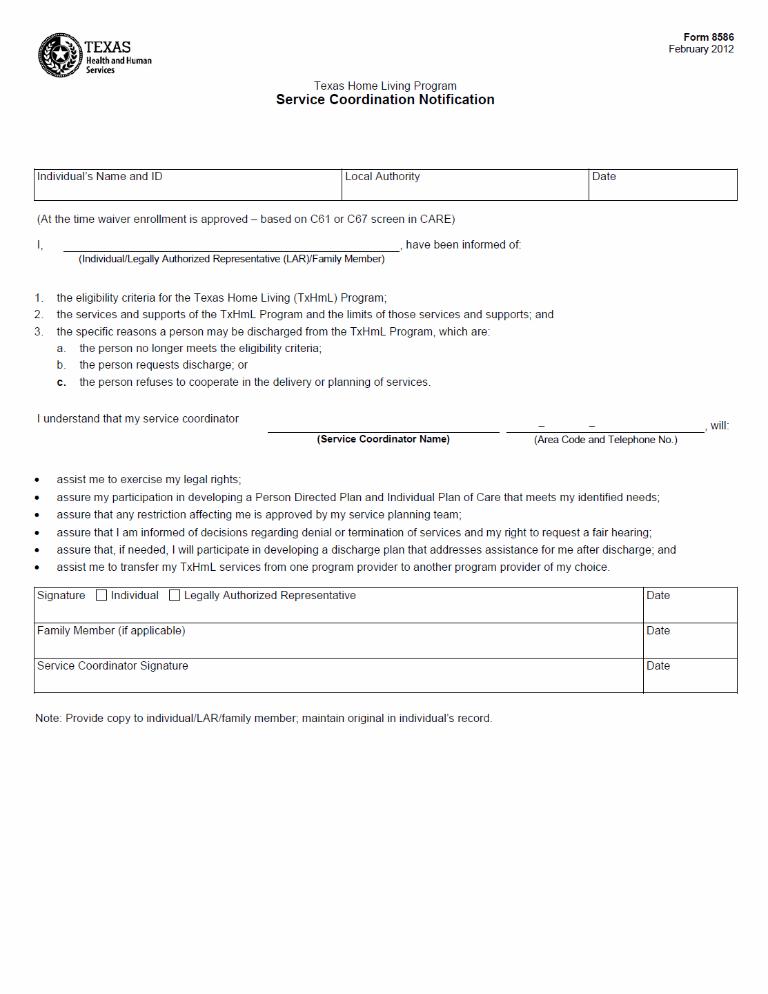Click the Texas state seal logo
click(x=60, y=55)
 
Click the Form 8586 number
click(x=708, y=37)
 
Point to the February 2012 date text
click(x=700, y=49)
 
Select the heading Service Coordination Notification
click(x=385, y=99)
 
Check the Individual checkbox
click(x=101, y=596)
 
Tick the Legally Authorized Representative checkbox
click(x=175, y=596)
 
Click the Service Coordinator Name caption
click(x=383, y=439)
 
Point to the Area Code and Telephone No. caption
click(x=605, y=440)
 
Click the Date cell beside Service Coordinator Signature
click(x=689, y=676)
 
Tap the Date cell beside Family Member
click(x=689, y=641)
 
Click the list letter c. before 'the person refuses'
click(x=61, y=382)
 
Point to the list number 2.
click(x=39, y=315)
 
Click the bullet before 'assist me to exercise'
click(x=37, y=480)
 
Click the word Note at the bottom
click(x=47, y=719)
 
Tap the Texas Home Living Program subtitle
click(x=385, y=86)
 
